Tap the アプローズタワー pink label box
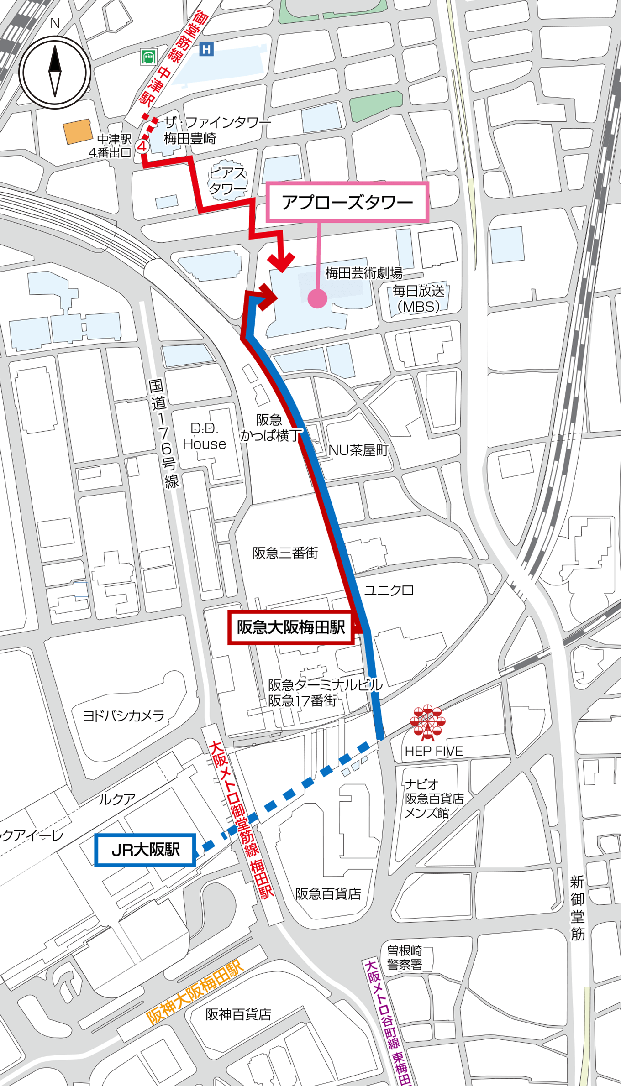(x=347, y=202)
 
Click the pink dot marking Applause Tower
(x=317, y=298)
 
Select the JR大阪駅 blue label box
(x=145, y=850)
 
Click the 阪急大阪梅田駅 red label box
(x=291, y=627)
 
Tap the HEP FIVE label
(x=434, y=751)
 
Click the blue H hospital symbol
(x=207, y=49)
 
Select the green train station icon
(x=148, y=57)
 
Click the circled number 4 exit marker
(x=142, y=147)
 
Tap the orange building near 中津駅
(x=78, y=131)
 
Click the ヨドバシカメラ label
(x=123, y=715)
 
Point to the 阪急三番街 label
(x=285, y=553)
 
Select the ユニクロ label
(x=389, y=590)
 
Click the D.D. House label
(x=204, y=436)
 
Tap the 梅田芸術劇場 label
(x=363, y=273)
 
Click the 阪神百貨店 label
(x=238, y=1014)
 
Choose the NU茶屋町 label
(x=358, y=450)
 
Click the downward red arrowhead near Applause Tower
(x=281, y=262)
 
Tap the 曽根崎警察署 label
(x=405, y=958)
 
